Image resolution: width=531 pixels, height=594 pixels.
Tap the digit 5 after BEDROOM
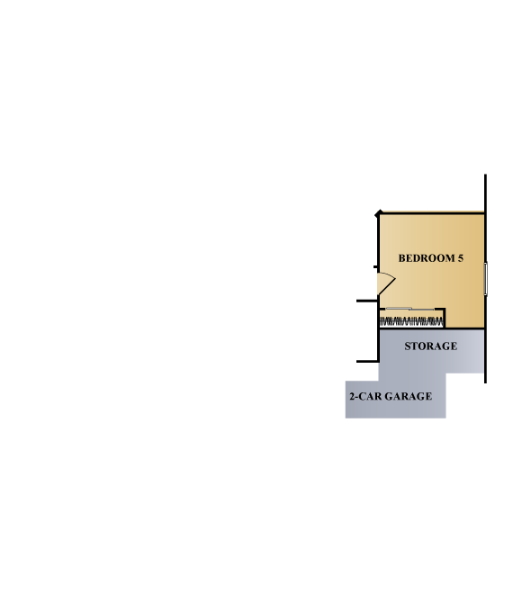point(460,258)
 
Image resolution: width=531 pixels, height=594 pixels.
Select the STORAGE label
point(430,346)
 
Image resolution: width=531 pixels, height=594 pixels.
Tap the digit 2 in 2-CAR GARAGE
point(352,396)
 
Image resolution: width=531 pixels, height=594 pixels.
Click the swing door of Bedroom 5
point(386,283)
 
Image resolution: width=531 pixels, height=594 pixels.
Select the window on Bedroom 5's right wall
point(486,278)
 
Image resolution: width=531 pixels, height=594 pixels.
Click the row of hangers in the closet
point(411,322)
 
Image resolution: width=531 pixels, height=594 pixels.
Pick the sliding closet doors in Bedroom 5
point(410,310)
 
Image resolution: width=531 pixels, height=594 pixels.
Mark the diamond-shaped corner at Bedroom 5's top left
point(379,214)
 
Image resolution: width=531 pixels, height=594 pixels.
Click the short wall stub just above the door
point(375,267)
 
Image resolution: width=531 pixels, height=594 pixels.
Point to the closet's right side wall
point(444,318)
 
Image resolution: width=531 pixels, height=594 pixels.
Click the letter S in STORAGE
point(408,346)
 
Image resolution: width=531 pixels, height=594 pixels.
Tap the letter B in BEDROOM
point(401,258)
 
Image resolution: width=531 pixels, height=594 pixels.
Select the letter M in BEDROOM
point(450,258)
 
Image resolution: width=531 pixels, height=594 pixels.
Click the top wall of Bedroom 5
point(432,214)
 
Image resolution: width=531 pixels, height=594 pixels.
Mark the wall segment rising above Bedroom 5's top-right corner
point(486,194)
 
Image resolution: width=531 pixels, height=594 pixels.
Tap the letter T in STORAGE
point(414,346)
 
